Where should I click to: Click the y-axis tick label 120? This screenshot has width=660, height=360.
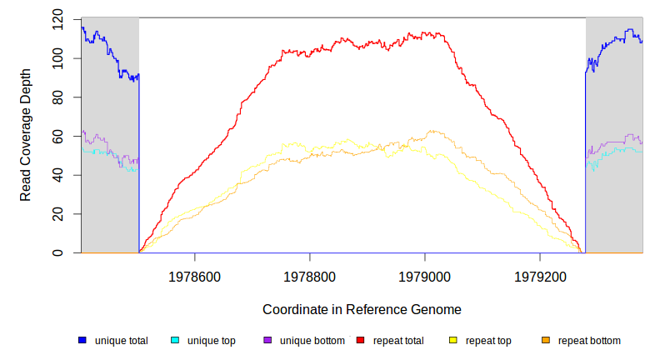[57, 19]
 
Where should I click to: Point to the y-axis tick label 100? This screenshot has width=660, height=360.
[57, 58]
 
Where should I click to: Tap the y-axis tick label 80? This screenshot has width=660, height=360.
[57, 97]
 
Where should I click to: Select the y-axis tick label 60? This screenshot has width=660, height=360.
[57, 136]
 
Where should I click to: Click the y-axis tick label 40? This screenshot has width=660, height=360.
[57, 175]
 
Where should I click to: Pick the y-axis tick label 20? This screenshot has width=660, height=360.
[57, 214]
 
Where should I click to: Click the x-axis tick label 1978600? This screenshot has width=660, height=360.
[195, 276]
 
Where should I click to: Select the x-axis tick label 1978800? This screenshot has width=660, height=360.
[310, 276]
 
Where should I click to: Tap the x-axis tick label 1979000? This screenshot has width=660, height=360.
[425, 276]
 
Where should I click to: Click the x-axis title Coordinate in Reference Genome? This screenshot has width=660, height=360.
[362, 309]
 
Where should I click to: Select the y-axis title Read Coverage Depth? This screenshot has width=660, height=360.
[26, 135]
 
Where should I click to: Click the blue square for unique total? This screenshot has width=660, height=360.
[82, 340]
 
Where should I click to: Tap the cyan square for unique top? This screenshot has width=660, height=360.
[175, 340]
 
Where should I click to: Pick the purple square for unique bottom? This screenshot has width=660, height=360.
[267, 340]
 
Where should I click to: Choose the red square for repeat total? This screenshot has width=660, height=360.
[360, 340]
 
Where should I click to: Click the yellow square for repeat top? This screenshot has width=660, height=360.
[453, 340]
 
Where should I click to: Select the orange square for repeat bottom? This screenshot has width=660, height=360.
[546, 340]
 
